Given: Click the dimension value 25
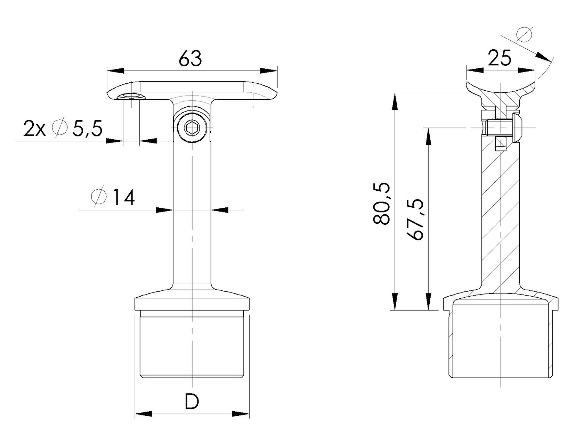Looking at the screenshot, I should pos(500,58).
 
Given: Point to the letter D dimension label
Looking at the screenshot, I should pos(192,402).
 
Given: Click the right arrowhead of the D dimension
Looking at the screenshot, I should pos(241,414).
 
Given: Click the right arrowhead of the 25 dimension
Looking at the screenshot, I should pos(526,71).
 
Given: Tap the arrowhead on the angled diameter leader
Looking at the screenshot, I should pos(543,57).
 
